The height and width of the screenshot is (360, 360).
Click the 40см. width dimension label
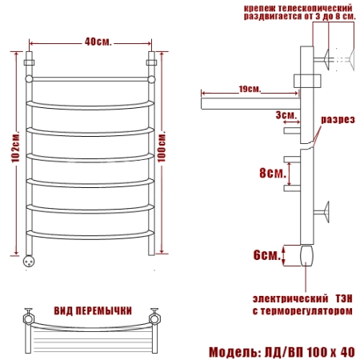[x=98, y=42]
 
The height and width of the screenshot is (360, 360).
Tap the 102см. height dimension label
[x=15, y=147]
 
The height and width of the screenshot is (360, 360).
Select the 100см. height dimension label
[x=162, y=147]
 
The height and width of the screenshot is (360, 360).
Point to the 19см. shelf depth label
[x=250, y=89]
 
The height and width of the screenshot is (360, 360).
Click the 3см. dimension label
[x=286, y=115]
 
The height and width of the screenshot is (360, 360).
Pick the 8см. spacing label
[x=273, y=173]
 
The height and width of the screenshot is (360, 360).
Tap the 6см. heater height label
[x=266, y=255]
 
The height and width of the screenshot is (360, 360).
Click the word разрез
[x=338, y=120]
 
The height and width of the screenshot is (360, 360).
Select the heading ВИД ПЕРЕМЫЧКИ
[x=93, y=311]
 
